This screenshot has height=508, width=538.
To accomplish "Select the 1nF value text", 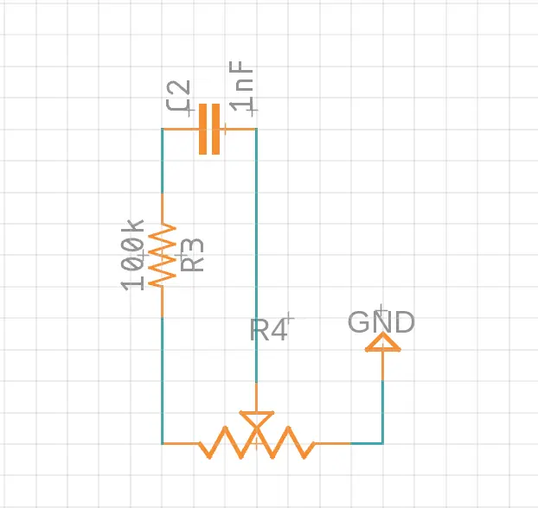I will click(x=244, y=88).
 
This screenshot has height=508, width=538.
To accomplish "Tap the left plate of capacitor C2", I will click(x=203, y=129).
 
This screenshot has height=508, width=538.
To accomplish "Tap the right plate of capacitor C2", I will click(x=215, y=129).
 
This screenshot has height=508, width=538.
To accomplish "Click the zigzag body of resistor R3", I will click(x=162, y=257).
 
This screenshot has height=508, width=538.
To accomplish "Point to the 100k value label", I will click(x=132, y=255).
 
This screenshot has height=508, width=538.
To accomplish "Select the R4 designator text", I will click(x=268, y=329).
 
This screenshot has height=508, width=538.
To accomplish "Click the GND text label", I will click(x=381, y=322).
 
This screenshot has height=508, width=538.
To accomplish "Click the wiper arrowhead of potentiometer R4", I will click(x=256, y=418).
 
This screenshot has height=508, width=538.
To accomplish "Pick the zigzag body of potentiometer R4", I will click(x=256, y=443).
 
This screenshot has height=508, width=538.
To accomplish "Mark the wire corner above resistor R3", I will click(x=162, y=130).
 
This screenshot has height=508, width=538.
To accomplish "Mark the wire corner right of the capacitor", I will click(x=256, y=130).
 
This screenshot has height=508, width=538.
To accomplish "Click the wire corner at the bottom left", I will click(x=162, y=443).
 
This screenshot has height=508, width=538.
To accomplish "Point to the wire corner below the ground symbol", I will click(x=382, y=443).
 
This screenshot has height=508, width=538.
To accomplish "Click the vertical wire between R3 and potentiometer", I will click(x=162, y=380).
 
